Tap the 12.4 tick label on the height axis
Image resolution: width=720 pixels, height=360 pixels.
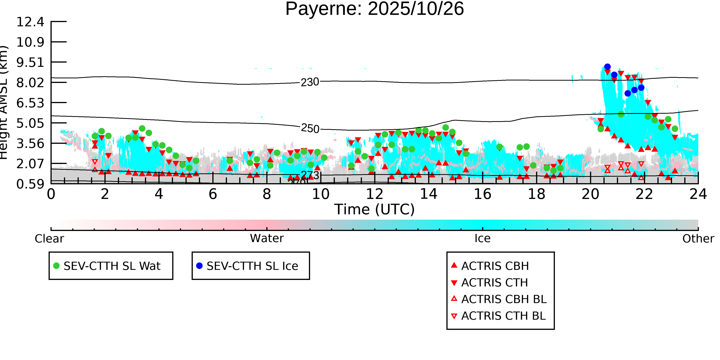pos(30,22)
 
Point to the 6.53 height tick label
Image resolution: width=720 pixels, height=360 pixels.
pos(30,103)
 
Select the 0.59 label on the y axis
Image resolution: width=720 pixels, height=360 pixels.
pos(30,184)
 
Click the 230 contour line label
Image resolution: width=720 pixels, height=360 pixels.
pos(310,82)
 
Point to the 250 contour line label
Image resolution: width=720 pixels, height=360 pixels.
pos(310,129)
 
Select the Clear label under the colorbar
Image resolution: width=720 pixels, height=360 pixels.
pos(49,239)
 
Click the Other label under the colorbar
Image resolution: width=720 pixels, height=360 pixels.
pos(698,239)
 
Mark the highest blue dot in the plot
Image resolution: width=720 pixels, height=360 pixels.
pos(607,67)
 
